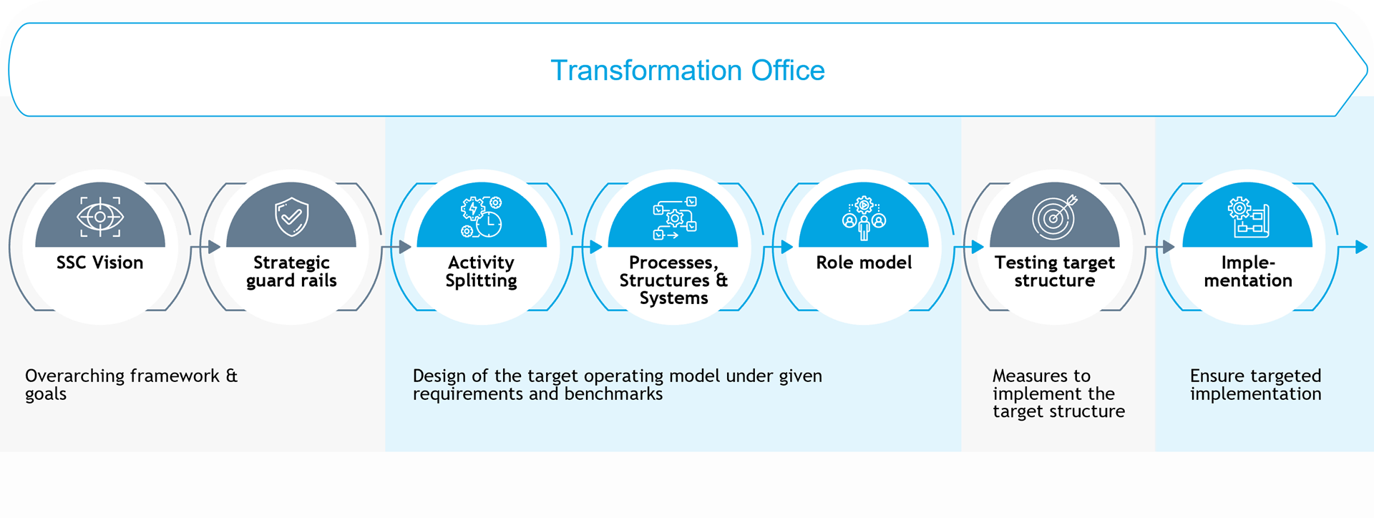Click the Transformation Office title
[687, 70]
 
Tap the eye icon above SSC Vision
[100, 217]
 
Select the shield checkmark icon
[291, 218]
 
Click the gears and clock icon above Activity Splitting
[482, 218]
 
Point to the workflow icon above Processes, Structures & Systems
[674, 218]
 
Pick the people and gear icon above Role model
[864, 218]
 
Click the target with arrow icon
[1054, 217]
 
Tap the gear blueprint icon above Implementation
[1248, 218]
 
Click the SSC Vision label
[100, 263]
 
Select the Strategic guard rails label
[291, 272]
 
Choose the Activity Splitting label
[481, 272]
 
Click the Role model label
[864, 263]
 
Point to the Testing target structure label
[1055, 272]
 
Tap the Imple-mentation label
[1248, 272]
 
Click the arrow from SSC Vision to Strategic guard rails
[205, 247]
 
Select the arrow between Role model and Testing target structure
[969, 247]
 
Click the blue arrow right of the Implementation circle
[1353, 247]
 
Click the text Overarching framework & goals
[132, 385]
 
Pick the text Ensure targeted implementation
[1255, 385]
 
